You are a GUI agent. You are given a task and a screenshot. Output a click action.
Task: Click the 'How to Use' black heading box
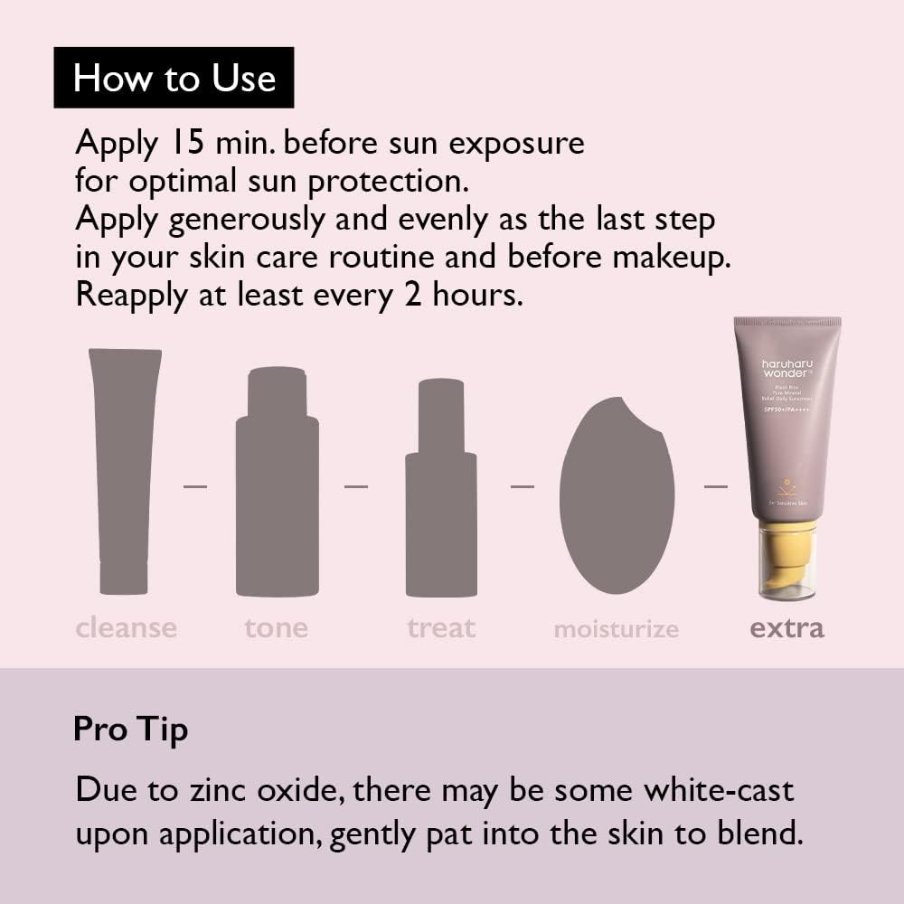point(174,78)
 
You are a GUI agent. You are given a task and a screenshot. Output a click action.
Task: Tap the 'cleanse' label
point(127,627)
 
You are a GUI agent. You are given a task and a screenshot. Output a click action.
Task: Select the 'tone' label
point(276,627)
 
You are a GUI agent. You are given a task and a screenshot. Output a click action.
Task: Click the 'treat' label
point(441,627)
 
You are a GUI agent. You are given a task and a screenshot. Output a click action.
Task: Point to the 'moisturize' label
point(616,629)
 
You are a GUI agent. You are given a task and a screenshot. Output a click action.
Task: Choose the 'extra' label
point(786,627)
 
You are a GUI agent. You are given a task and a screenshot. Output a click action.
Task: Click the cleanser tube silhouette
point(124,470)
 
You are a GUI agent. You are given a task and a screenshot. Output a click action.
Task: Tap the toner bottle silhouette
point(277,488)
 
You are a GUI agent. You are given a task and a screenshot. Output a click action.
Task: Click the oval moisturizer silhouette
point(616,497)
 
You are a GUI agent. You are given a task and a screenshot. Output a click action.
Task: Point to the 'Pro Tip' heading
point(130,730)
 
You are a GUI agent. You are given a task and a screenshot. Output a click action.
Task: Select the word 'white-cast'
point(719,789)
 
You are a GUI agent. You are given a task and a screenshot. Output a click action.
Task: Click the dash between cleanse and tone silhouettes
point(195,486)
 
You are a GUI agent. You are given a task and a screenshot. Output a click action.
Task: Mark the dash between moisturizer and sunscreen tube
point(715,486)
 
